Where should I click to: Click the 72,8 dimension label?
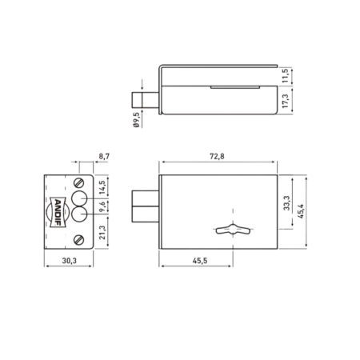pyautogui.click(x=217, y=156)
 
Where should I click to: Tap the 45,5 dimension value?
pyautogui.click(x=200, y=261)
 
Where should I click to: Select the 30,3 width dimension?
pyautogui.click(x=70, y=261)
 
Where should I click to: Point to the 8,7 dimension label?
pyautogui.click(x=104, y=156)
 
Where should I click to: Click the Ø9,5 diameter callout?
pyautogui.click(x=136, y=120)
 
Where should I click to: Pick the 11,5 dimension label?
pyautogui.click(x=285, y=76)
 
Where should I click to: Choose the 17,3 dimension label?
pyautogui.click(x=285, y=101)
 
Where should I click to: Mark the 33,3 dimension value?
pyautogui.click(x=286, y=203)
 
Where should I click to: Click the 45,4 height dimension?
pyautogui.click(x=301, y=211)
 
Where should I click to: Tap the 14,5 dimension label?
pyautogui.click(x=102, y=188)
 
